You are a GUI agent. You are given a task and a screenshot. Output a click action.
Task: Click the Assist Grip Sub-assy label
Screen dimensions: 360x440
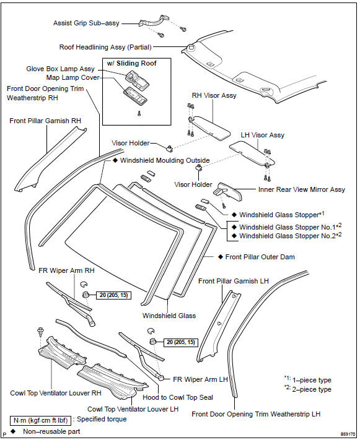click(86, 23)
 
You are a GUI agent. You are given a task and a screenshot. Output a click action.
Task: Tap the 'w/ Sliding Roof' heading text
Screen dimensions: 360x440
click(131, 63)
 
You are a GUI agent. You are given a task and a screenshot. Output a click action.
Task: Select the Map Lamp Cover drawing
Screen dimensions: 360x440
click(136, 95)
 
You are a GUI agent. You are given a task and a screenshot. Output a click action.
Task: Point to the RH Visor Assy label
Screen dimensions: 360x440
click(214, 95)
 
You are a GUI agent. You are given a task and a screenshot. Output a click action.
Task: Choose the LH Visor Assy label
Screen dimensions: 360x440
click(263, 136)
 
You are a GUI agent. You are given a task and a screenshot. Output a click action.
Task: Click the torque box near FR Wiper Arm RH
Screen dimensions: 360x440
click(113, 295)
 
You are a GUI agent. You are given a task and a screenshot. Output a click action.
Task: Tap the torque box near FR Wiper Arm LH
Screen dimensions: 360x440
click(181, 342)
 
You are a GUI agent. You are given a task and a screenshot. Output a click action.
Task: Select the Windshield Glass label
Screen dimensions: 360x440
click(169, 316)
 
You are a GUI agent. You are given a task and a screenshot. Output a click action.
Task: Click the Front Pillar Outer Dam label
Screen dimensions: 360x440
click(260, 257)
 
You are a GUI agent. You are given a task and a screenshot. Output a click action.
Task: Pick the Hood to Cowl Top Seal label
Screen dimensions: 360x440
click(178, 397)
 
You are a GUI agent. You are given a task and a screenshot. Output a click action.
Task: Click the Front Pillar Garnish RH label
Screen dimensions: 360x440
click(45, 121)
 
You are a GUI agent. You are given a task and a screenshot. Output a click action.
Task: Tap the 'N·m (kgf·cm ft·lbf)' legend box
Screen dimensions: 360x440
click(40, 420)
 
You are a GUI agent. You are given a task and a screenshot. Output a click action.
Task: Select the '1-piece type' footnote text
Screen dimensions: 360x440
click(312, 380)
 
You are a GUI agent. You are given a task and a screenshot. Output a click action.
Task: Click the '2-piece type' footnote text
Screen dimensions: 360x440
click(312, 389)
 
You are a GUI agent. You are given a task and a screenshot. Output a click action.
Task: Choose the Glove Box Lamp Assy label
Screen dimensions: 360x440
click(60, 69)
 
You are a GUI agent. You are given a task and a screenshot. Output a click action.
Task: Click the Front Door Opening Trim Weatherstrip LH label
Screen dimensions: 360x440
click(256, 414)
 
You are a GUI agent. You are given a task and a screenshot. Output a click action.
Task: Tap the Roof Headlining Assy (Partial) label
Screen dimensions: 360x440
click(105, 47)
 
